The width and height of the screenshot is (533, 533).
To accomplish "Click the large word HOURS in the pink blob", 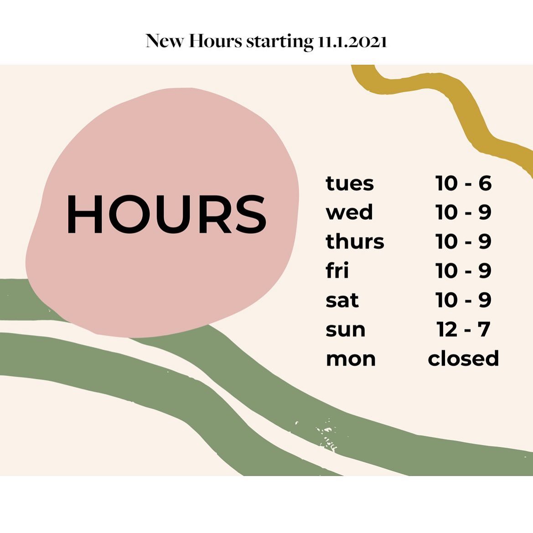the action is coord(166,214).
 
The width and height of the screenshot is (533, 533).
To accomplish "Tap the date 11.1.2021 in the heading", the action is coord(352,41).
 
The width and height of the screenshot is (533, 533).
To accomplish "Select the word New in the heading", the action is coord(165,41).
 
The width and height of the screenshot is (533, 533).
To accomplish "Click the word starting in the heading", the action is coord(279,42).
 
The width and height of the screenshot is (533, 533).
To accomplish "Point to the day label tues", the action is coord(349,183).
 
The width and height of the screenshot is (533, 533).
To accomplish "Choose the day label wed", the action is coord(349,212).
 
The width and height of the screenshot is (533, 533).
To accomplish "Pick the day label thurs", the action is coord(355,241).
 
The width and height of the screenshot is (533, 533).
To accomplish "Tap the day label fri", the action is coord(337,270).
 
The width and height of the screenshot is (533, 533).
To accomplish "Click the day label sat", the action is coord(342,300).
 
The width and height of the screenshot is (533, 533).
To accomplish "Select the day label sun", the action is coord(345,330).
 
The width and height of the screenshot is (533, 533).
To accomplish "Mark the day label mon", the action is coord(351,359).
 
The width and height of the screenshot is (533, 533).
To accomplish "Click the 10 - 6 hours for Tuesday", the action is coord(463,183).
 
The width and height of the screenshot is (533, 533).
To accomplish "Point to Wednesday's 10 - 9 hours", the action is coord(463,212).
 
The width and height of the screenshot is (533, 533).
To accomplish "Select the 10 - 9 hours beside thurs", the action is coord(463,241).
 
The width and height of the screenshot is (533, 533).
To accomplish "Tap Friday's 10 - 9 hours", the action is coord(463,270).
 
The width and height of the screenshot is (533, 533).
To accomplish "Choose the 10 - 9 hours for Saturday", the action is coord(463,300).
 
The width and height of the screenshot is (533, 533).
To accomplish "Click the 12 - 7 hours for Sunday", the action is coord(463,329).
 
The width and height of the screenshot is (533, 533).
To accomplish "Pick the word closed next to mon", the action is coord(463,358).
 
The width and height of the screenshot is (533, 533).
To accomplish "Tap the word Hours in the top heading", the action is coord(215,41).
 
